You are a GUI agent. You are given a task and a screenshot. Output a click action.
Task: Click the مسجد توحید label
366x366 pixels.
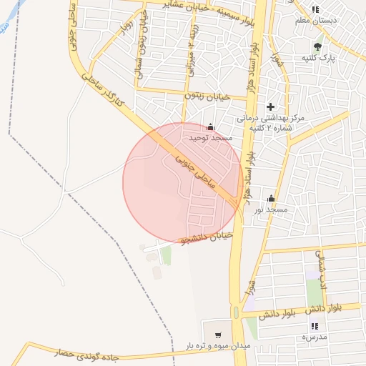pos(210,137)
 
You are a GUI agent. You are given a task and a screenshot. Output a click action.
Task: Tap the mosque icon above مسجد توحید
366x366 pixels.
pos(209,127)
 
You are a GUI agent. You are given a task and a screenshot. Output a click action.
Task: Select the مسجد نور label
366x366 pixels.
pos(271,209)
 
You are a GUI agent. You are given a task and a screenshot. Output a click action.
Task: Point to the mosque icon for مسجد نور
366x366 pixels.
pos(271,199)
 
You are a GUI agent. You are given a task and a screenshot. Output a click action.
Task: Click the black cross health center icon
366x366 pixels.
pos(270,107)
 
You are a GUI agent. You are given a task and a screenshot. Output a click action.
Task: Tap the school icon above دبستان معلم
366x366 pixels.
pos(315,9)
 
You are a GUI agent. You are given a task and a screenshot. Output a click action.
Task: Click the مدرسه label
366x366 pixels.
pos(314,336)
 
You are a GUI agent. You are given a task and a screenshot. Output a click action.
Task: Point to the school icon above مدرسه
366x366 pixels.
pos(315,326)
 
